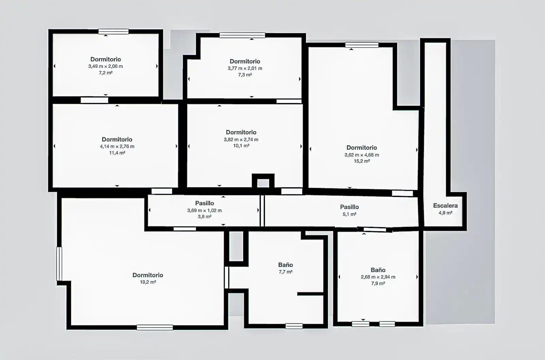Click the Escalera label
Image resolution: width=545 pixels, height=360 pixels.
(445, 206)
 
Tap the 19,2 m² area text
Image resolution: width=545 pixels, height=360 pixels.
(148, 282)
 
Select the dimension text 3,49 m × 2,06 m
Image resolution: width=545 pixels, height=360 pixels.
(106, 66)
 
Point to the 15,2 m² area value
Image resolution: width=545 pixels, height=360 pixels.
(362, 161)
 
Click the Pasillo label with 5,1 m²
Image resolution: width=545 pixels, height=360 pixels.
(349, 207)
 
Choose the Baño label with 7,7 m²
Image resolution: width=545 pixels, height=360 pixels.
(286, 265)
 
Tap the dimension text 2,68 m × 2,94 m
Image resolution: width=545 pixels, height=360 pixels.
(378, 277)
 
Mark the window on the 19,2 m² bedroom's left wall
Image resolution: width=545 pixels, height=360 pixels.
(59, 264)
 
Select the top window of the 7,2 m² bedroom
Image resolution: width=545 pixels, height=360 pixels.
(113, 32)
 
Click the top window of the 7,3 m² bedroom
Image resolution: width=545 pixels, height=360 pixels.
(242, 35)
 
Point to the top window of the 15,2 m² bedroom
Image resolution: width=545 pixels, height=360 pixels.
(362, 45)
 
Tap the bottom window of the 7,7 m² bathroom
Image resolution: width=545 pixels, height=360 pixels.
(294, 326)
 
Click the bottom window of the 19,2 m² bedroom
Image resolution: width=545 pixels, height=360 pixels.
(155, 327)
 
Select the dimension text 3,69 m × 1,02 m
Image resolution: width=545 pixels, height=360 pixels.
(205, 210)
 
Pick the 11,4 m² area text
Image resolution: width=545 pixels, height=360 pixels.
(117, 153)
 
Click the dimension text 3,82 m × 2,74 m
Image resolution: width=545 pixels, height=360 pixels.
(241, 139)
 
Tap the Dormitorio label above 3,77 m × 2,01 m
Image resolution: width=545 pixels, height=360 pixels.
(245, 61)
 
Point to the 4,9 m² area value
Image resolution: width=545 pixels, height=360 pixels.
(446, 213)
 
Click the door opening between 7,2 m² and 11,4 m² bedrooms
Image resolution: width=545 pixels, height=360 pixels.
(94, 100)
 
